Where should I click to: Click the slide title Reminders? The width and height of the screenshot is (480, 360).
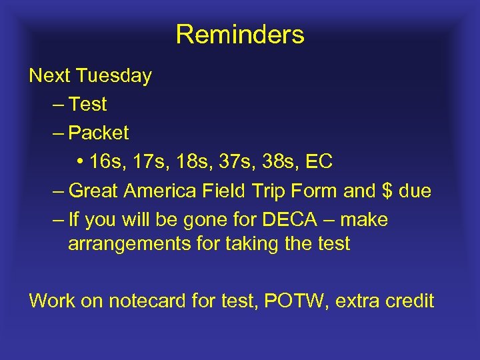tap(240, 35)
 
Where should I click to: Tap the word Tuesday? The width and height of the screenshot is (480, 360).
tap(114, 76)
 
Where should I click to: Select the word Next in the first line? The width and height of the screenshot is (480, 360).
tap(51, 76)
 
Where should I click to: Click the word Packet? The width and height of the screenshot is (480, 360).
tap(99, 133)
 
